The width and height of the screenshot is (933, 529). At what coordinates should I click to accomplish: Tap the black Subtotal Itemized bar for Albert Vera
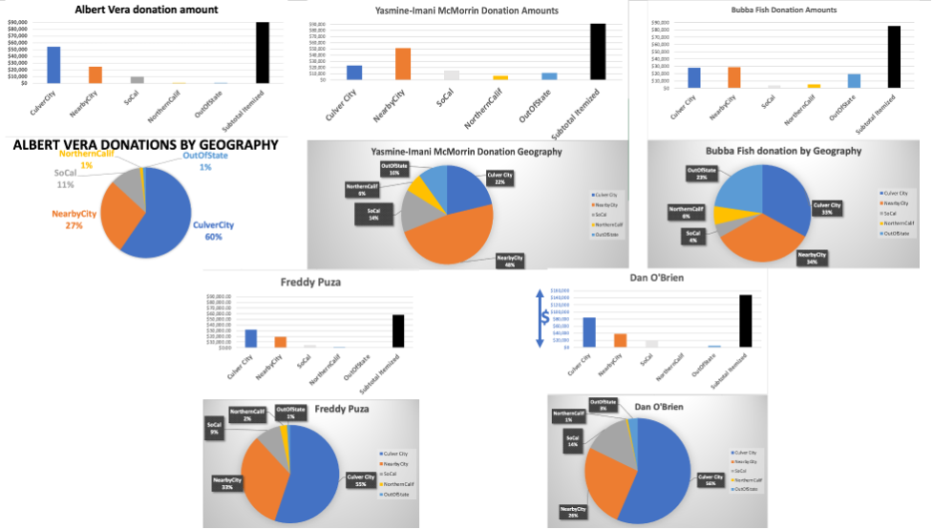[x=262, y=53]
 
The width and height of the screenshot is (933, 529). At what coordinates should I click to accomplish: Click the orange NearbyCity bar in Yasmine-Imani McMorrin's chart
[x=403, y=63]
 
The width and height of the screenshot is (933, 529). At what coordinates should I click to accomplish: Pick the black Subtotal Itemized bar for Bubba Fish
[x=894, y=56]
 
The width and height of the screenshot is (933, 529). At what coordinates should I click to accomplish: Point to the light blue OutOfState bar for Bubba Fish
[x=854, y=80]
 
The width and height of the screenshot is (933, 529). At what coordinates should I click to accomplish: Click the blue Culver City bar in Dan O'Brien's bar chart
[x=589, y=331]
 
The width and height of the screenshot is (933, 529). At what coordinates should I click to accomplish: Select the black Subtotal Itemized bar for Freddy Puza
[x=398, y=330]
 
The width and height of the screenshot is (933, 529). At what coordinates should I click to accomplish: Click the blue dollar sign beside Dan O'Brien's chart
[x=545, y=319]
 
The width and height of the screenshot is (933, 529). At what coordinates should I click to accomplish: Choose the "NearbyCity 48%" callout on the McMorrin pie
[x=514, y=259]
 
